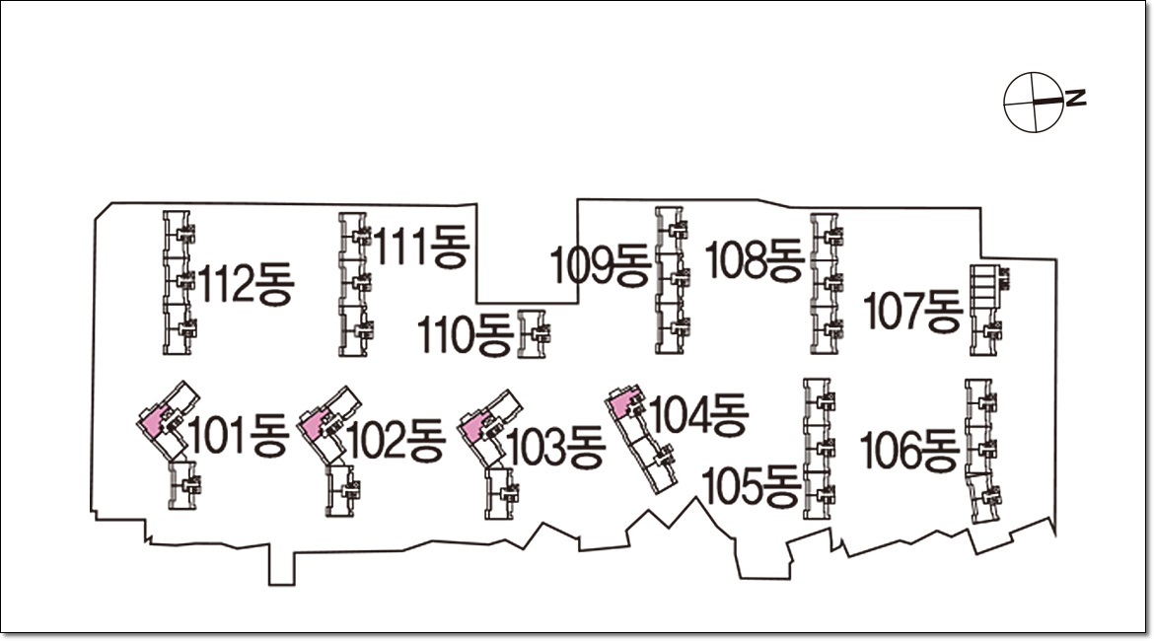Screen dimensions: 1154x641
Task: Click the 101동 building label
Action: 238,437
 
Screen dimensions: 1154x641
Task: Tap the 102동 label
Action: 397,440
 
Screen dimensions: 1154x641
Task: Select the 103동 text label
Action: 555,448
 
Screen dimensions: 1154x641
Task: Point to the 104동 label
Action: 699,414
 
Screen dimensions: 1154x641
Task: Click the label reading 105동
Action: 751,485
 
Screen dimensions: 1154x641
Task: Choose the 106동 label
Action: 909,452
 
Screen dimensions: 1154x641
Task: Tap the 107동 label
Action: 912,312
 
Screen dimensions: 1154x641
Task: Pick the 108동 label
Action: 755,260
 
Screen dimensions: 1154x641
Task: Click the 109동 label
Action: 601,265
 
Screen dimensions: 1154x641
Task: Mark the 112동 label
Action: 247,286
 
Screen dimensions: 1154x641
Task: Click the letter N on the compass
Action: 1077,98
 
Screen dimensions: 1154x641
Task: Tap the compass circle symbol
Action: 1033,102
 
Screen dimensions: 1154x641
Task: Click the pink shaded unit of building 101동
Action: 152,422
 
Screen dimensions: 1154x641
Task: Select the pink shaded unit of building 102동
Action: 313,425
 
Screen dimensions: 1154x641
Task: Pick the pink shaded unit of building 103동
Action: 472,427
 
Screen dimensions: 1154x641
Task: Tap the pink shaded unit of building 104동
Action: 620,404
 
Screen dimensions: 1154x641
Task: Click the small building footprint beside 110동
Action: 534,334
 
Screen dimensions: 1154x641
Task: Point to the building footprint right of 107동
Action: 986,310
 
